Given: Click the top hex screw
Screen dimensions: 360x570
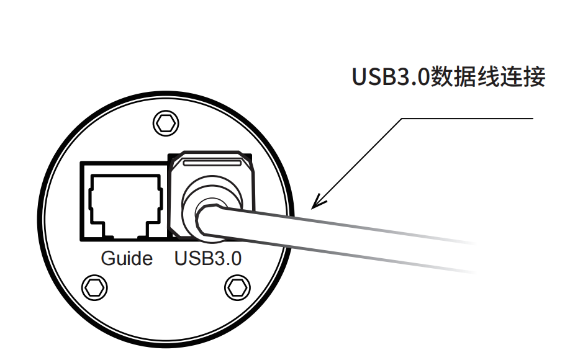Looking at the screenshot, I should [165, 122].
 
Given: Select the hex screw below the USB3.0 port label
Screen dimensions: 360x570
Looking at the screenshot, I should [236, 287].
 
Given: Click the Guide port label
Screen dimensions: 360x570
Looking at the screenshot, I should [127, 258].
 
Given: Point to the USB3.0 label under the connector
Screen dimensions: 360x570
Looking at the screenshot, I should [208, 258].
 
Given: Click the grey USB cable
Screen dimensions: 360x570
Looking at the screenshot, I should [348, 239].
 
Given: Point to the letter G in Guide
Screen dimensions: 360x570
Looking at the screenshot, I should [107, 258].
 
